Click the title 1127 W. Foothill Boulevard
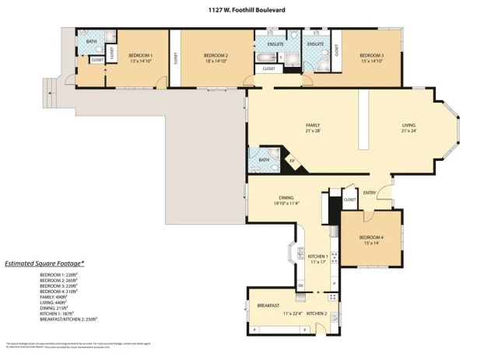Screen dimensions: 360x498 [x=248, y=10]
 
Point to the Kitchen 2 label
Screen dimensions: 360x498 [x=317, y=313]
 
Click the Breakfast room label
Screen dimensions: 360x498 [x=268, y=306]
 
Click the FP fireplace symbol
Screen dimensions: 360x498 [x=293, y=162]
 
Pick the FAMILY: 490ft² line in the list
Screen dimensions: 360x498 [x=54, y=296]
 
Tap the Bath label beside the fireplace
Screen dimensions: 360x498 [x=264, y=160]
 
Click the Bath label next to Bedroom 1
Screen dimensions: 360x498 [x=91, y=42]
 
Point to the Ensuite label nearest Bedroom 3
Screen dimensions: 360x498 [x=315, y=44]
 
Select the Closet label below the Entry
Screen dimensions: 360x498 [x=350, y=200]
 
